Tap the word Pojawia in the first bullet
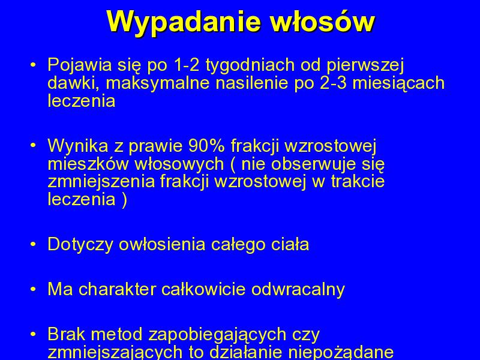tap(80, 65)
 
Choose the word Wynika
tap(78, 146)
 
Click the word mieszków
tap(88, 164)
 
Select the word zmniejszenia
tap(101, 182)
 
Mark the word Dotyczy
tap(80, 245)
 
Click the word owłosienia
tap(161, 244)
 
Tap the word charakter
tap(117, 289)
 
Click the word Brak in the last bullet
tap(67, 334)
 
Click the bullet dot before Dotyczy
tap(33, 245)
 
